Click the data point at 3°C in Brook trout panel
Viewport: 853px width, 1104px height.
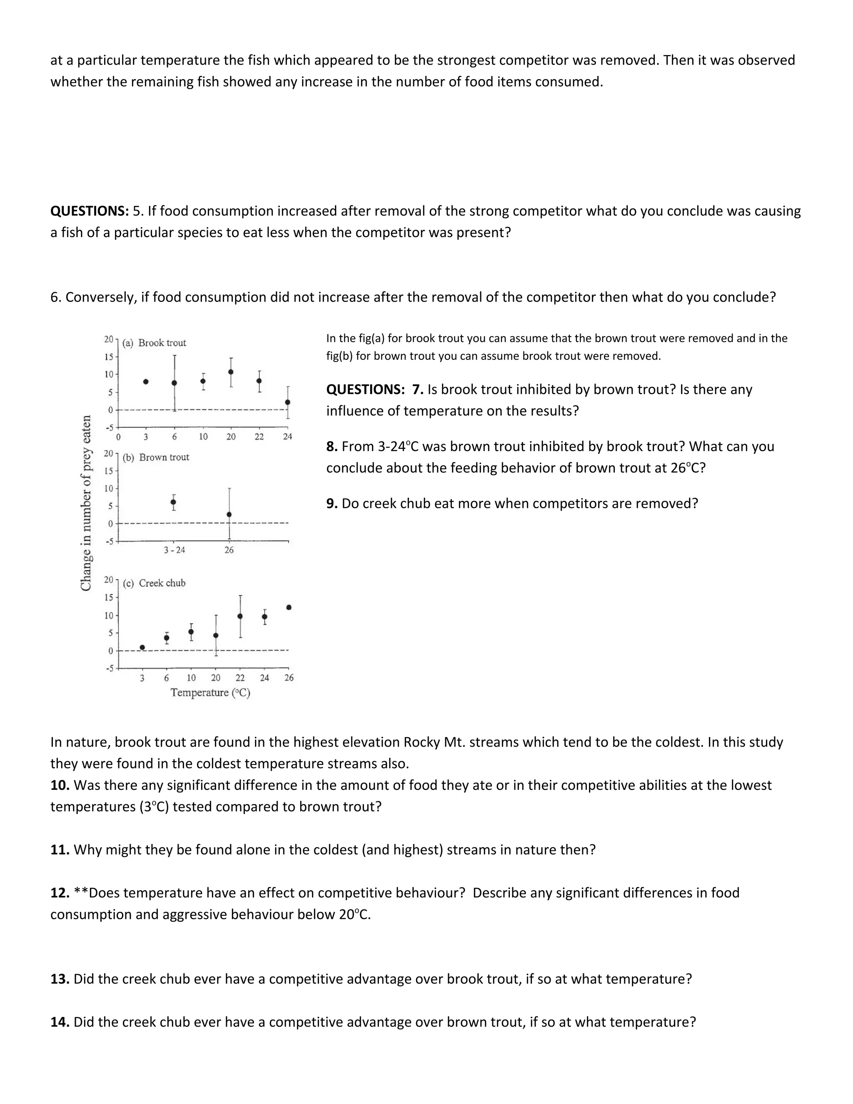(146, 382)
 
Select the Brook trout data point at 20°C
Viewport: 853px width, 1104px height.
(231, 372)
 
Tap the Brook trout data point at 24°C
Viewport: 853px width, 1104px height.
(287, 402)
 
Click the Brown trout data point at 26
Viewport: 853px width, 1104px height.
(229, 515)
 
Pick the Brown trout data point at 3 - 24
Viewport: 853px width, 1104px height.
(173, 502)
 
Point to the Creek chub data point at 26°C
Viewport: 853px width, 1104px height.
(289, 607)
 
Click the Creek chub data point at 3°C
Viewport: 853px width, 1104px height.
(142, 647)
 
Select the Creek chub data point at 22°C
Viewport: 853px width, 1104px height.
(240, 616)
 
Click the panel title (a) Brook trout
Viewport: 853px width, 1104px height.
(154, 343)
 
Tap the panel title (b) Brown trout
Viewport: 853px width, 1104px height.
(156, 457)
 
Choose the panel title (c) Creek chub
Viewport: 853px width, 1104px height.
(154, 583)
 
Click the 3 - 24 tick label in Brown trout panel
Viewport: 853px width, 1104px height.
(175, 550)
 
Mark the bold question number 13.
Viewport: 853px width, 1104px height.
(60, 979)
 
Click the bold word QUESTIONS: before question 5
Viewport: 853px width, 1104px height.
(90, 211)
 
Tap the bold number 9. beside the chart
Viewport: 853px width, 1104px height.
(332, 504)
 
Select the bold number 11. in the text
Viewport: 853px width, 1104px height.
(60, 850)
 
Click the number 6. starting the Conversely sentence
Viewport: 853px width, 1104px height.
(55, 297)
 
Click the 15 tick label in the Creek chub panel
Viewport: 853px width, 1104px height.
(109, 597)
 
